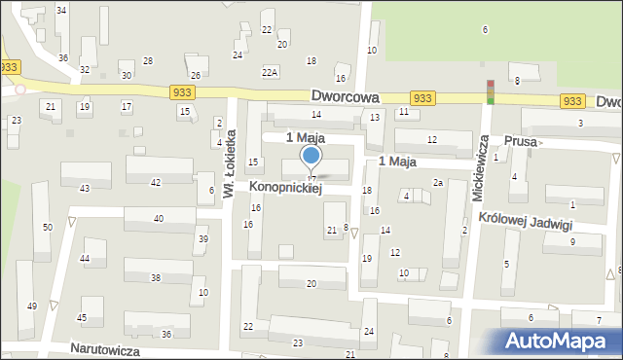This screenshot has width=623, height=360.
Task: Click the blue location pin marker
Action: pos(311,158)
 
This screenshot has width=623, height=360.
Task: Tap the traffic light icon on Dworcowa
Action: pos(491,91)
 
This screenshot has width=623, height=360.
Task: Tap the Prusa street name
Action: pos(521,141)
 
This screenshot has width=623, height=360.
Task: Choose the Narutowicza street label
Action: pos(106,348)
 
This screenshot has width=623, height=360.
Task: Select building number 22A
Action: pos(270,72)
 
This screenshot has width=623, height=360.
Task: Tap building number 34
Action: pos(61,10)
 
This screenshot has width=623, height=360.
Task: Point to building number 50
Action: pos(47,227)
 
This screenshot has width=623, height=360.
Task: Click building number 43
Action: pos(85,188)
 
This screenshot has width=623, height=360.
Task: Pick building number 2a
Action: pos(438,183)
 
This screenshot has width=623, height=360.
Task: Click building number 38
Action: pos(155,277)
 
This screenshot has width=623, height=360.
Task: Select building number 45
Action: pos(82,317)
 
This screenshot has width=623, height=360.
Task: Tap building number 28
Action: pos(147,61)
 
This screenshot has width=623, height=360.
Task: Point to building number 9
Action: pos(572,241)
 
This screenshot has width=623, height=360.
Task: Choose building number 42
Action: pos(156,183)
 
